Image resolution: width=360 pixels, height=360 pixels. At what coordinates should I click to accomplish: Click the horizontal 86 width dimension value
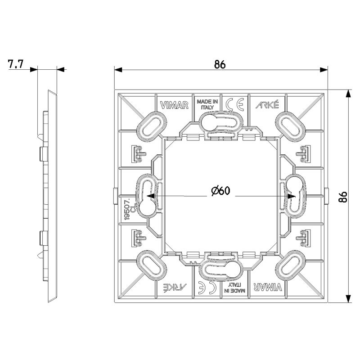click(x=220, y=64)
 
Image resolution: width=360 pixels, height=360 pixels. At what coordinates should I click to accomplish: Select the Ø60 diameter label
click(x=220, y=191)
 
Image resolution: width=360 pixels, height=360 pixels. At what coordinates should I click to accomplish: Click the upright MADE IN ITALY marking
click(x=207, y=104)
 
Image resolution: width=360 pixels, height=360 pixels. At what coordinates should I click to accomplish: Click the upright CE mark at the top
click(x=234, y=104)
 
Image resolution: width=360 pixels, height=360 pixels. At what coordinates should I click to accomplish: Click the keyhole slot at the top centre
click(x=220, y=121)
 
